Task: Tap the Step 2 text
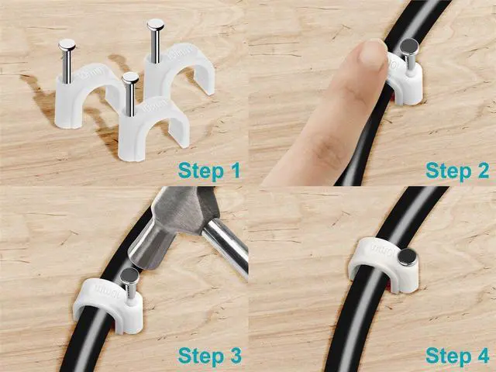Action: pyautogui.click(x=457, y=170)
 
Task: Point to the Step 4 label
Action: pyautogui.click(x=457, y=356)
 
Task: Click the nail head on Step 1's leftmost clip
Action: pyautogui.click(x=67, y=45)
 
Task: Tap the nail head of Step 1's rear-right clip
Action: pyautogui.click(x=155, y=25)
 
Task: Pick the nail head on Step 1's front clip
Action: pyautogui.click(x=130, y=77)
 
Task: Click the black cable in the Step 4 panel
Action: pyautogui.click(x=349, y=333)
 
